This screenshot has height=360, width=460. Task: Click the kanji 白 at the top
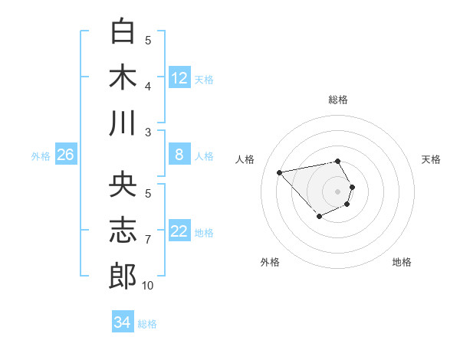(123, 31)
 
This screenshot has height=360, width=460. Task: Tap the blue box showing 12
(179, 77)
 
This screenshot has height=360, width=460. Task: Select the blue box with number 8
(179, 155)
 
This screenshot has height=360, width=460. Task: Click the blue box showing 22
(179, 231)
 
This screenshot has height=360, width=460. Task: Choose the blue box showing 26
(66, 155)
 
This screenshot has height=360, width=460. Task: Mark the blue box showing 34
(122, 322)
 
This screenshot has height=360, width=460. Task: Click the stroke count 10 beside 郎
(147, 286)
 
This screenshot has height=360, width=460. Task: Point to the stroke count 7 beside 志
(148, 240)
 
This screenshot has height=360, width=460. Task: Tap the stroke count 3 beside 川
(148, 133)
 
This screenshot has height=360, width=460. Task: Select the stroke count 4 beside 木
(148, 87)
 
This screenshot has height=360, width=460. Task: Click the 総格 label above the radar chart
(338, 100)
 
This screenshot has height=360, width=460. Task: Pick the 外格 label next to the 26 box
(41, 156)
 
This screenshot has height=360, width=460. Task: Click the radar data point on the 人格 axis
(280, 172)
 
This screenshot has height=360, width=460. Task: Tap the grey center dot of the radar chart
(337, 191)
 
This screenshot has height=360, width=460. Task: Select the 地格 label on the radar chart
(402, 262)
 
